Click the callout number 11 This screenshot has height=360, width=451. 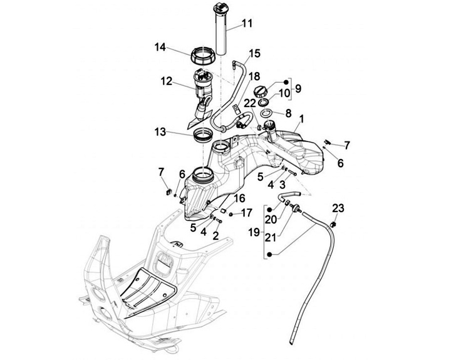click(x=247, y=23)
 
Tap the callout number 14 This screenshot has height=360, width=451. click(x=160, y=47)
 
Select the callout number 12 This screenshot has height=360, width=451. click(x=167, y=81)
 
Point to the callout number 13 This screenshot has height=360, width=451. click(x=160, y=132)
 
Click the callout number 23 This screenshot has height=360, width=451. click(x=338, y=208)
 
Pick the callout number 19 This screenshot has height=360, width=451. click(x=254, y=232)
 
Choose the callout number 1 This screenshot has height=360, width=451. click(x=301, y=118)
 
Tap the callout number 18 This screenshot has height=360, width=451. click(x=254, y=76)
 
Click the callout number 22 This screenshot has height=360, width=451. click(x=250, y=103)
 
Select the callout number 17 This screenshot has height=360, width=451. click(x=247, y=213)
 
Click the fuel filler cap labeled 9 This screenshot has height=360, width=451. click(x=261, y=92)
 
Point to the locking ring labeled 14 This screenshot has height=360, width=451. click(x=203, y=56)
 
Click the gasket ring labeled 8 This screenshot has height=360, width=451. click(x=267, y=113)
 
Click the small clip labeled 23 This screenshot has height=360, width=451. click(x=333, y=224)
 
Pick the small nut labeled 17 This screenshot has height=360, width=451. click(x=231, y=214)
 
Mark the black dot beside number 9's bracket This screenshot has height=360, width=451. click(x=286, y=82)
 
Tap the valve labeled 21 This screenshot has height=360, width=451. click(x=295, y=208)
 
